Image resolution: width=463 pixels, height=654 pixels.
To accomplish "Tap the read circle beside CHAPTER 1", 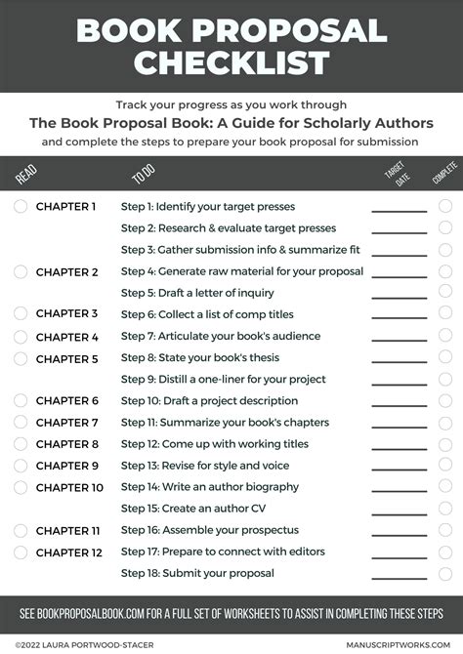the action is pyautogui.click(x=21, y=207).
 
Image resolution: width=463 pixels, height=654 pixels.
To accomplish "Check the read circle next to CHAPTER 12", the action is pyautogui.click(x=21, y=552).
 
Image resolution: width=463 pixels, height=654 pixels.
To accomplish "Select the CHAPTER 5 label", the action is pyautogui.click(x=67, y=359).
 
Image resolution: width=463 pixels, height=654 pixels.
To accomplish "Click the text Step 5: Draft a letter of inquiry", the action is pyautogui.click(x=197, y=293).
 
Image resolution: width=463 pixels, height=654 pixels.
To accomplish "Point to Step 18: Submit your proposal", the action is pyautogui.click(x=197, y=573).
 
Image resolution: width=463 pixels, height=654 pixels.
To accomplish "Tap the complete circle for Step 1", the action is pyautogui.click(x=445, y=207).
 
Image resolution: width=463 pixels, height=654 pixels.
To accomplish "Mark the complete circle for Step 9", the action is pyautogui.click(x=445, y=379).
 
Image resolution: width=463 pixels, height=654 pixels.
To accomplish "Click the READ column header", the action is pyautogui.click(x=25, y=175).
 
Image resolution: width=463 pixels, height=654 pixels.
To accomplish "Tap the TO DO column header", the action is pyautogui.click(x=142, y=176).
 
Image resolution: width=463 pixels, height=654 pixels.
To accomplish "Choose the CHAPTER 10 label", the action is pyautogui.click(x=69, y=487).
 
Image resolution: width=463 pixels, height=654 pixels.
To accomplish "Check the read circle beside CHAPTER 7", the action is pyautogui.click(x=21, y=423).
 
